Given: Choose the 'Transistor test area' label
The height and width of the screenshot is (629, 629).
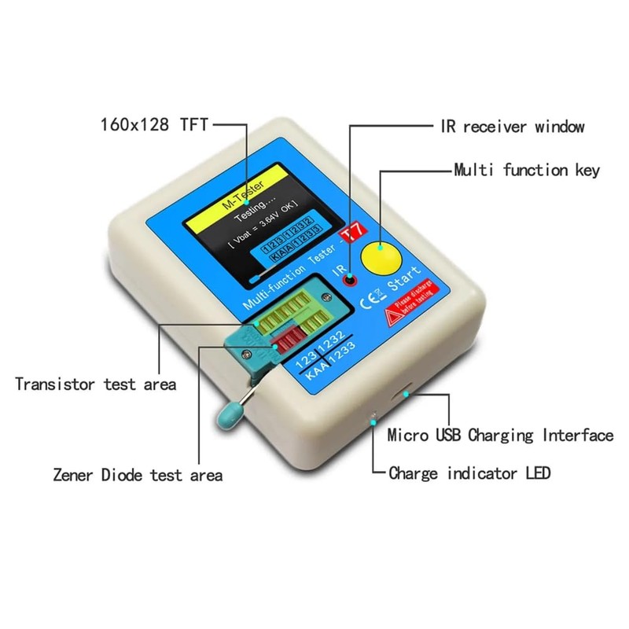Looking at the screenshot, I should point(95,384).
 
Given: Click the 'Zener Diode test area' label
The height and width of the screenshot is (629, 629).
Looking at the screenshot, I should point(138,475).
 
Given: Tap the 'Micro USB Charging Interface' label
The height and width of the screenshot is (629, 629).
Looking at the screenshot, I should point(500,436).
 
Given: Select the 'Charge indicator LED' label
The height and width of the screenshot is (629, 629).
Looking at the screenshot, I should point(469,473).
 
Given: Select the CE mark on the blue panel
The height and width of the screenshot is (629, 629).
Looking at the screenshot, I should point(370,300).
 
